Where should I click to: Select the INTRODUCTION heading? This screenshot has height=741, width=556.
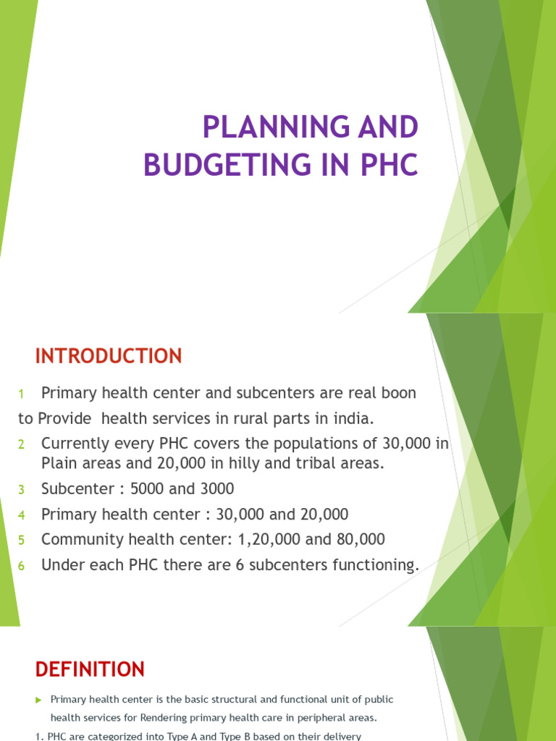(x=109, y=356)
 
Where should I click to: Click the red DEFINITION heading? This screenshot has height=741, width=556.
(x=90, y=669)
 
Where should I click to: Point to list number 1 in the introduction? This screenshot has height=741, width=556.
(x=22, y=394)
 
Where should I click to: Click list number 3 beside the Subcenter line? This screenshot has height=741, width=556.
(x=22, y=490)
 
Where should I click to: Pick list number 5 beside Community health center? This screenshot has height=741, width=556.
(x=22, y=541)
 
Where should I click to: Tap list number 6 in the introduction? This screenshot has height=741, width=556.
(x=22, y=566)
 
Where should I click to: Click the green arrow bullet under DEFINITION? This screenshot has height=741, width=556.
(x=39, y=700)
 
